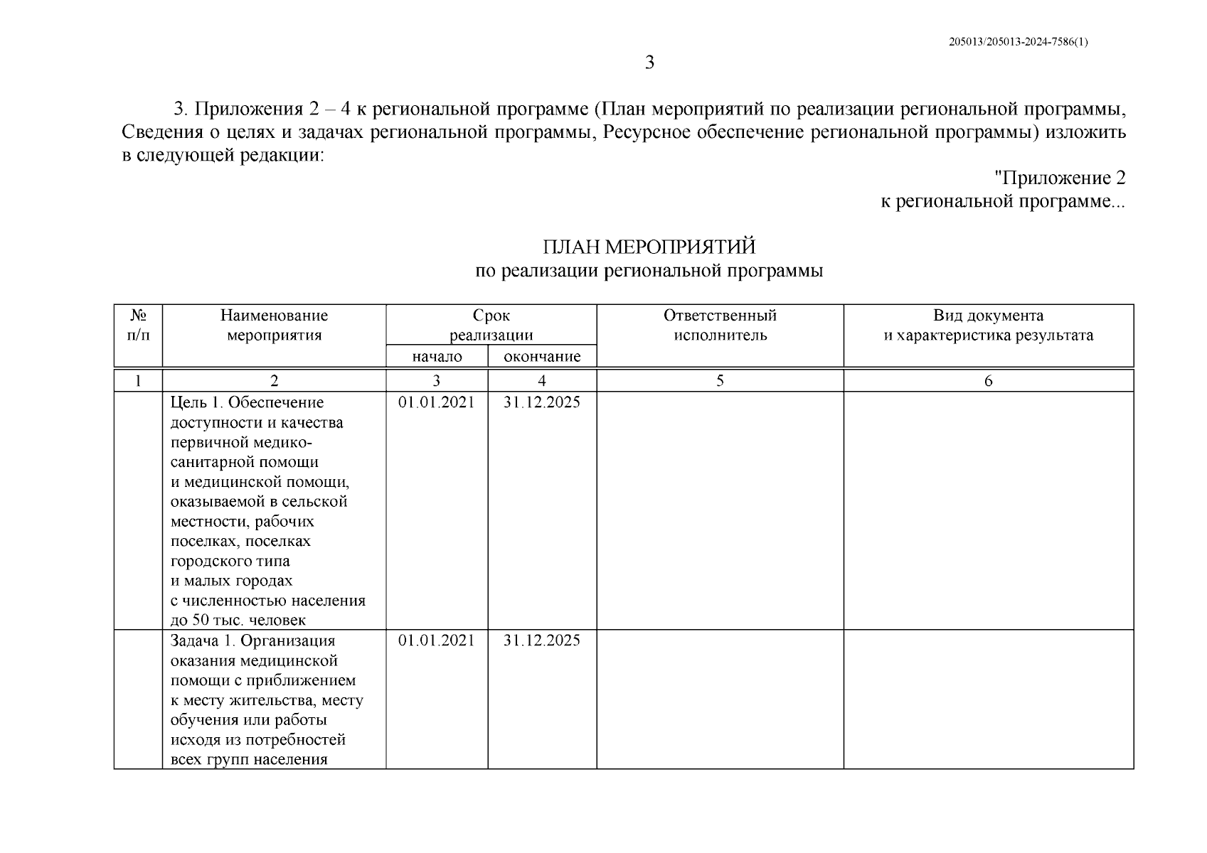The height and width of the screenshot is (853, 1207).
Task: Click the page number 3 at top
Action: coord(649,63)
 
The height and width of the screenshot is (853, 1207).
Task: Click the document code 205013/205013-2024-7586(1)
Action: coord(1018,42)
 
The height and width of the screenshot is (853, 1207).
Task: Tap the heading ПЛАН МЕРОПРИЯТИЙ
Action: coord(649,247)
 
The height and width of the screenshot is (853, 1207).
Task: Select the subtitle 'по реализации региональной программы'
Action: coord(649,271)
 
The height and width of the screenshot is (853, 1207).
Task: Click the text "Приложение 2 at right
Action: coord(1059,178)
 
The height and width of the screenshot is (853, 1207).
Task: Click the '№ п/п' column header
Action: coord(139,325)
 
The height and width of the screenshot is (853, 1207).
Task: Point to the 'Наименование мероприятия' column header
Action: coord(274,325)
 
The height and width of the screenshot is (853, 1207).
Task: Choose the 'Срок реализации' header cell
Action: coord(491,325)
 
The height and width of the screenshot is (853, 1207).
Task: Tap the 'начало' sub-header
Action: coord(437,357)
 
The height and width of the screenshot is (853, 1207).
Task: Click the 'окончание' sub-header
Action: coord(542,357)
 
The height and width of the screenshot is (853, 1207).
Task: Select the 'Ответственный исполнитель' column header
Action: coord(720,325)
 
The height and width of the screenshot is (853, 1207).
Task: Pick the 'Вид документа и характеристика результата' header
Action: coord(988,325)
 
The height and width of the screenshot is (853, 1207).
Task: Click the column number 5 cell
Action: coord(720,381)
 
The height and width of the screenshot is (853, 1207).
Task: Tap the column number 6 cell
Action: coord(988,381)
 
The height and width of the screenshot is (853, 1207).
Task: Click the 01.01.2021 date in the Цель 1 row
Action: coord(436,402)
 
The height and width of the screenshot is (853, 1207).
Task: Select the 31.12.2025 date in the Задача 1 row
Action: coord(542,640)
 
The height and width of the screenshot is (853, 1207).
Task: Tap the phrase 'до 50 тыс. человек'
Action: coord(238,621)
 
